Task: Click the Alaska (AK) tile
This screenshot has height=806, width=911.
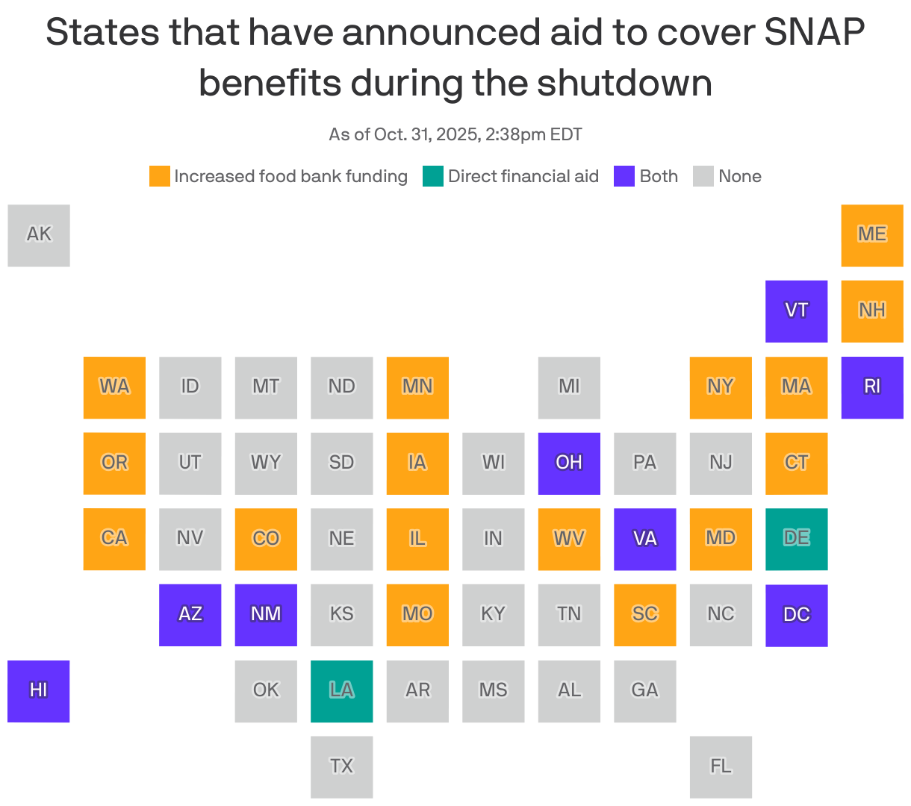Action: (x=39, y=235)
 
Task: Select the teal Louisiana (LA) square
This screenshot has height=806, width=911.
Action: (x=341, y=691)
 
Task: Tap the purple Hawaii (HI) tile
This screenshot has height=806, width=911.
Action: (x=39, y=691)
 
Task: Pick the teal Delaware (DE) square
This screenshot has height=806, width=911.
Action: (x=796, y=539)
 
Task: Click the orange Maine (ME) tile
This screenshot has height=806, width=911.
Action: (x=872, y=235)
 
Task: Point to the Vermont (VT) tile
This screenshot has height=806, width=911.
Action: (x=796, y=311)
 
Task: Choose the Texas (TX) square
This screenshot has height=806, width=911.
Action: (x=341, y=767)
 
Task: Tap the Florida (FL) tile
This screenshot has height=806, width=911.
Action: (x=721, y=767)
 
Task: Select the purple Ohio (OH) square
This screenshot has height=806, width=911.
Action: (x=569, y=463)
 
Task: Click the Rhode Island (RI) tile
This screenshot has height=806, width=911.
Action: (x=872, y=387)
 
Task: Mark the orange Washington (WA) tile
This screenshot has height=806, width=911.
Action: (x=114, y=387)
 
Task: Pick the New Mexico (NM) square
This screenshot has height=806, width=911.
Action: (x=266, y=615)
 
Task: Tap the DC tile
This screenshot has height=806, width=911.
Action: (x=796, y=615)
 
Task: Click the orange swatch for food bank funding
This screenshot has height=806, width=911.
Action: (x=160, y=176)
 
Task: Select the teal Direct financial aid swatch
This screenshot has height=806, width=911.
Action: (x=433, y=176)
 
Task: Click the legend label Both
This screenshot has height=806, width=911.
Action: (x=659, y=176)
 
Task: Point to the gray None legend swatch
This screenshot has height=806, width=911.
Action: (x=703, y=176)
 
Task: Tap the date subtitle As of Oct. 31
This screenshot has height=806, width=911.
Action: (x=455, y=134)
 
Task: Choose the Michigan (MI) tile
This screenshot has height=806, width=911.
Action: (x=569, y=387)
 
